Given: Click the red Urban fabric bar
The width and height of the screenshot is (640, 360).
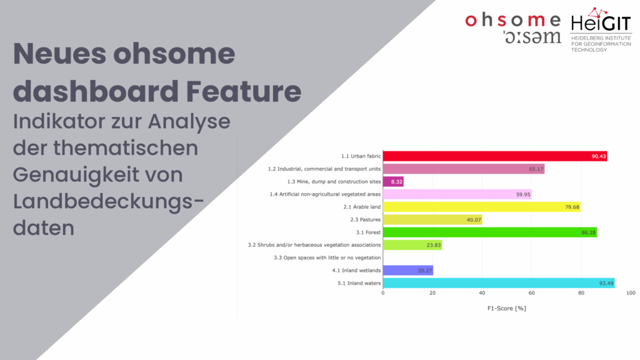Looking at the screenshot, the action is [x=495, y=156].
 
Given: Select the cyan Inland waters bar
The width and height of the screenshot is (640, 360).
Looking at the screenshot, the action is [x=499, y=283].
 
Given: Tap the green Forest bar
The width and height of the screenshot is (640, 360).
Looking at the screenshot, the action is [x=490, y=232].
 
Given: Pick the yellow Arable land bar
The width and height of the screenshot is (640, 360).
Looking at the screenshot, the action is [x=482, y=207].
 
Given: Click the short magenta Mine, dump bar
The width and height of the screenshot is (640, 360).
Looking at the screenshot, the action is [x=393, y=182].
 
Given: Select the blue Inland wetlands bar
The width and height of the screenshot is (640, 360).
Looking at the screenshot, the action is [x=407, y=270].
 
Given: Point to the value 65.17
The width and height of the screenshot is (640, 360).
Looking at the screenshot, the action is [x=536, y=169].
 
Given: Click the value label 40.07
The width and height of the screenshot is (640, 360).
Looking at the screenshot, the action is [x=474, y=219].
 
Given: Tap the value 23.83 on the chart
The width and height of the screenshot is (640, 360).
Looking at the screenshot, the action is [x=434, y=245].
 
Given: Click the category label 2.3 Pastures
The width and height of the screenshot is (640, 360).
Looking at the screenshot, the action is [x=365, y=219].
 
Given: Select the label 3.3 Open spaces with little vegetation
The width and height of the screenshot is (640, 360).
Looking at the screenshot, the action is [x=327, y=257].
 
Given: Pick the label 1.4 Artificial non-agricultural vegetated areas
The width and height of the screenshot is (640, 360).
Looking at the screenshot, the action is [x=325, y=194].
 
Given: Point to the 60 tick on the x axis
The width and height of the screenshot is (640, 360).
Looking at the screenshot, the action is [x=531, y=292].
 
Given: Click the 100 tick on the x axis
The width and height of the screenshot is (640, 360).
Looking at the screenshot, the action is [x=631, y=292].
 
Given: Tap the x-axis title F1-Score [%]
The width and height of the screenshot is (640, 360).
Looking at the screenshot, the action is [x=506, y=308].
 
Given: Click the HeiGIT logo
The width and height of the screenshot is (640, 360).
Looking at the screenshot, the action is [x=601, y=30].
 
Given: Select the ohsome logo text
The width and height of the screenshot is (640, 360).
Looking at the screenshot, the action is [x=513, y=27].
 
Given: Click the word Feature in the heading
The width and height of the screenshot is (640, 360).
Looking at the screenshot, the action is [x=244, y=91].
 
